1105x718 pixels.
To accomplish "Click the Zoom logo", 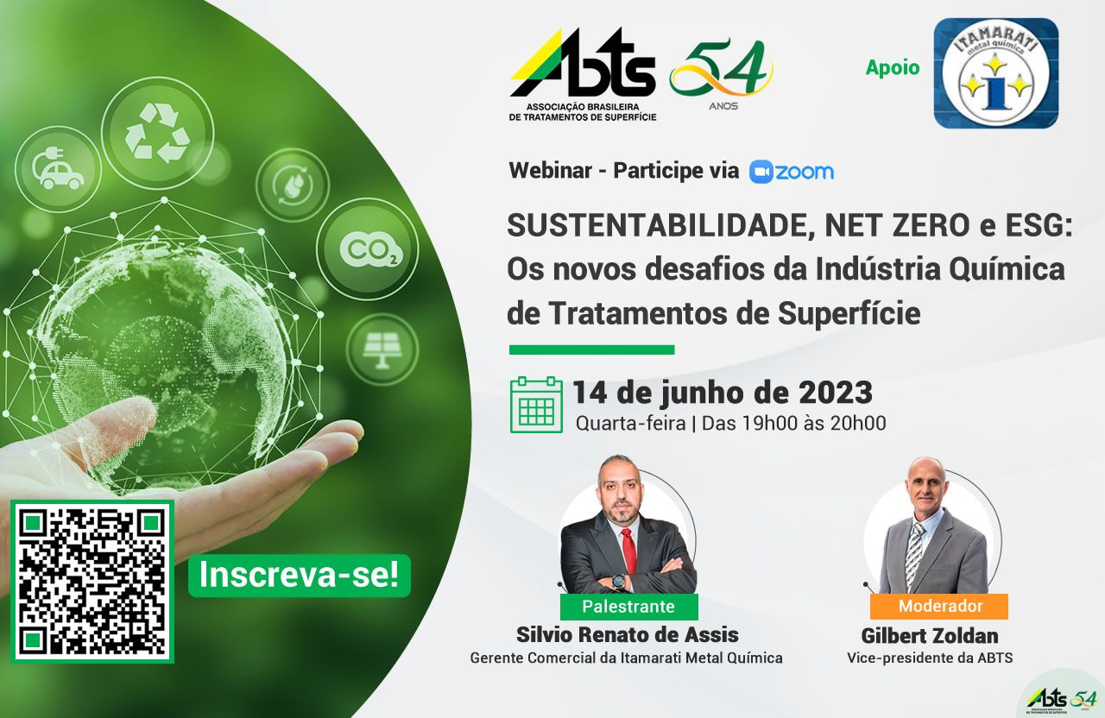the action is (x=792, y=172).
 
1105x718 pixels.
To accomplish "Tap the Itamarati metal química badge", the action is (x=996, y=73).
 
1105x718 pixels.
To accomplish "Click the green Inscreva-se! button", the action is (x=300, y=576).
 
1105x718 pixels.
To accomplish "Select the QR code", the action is (x=92, y=582).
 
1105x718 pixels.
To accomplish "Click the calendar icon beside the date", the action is (x=536, y=405).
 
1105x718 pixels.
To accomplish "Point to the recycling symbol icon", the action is (x=157, y=133).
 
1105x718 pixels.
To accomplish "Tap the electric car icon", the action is (x=58, y=168).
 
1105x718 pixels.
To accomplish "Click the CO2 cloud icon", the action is (x=368, y=249).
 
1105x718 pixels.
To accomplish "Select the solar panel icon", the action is (x=382, y=350).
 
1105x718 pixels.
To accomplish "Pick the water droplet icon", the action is (x=292, y=185).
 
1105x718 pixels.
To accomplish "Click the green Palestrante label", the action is (x=629, y=606).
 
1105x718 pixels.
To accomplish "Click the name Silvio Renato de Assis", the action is (x=628, y=635).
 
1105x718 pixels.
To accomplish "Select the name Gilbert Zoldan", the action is (x=930, y=636).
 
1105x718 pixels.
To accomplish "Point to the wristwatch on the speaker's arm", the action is (x=617, y=582).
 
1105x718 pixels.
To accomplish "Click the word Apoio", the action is (x=893, y=67).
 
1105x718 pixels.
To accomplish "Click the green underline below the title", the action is (x=592, y=350).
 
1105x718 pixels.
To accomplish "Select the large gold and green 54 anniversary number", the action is (x=721, y=69).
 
